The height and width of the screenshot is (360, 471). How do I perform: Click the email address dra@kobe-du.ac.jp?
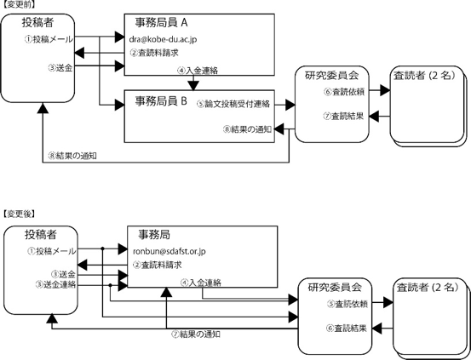(x=164, y=39)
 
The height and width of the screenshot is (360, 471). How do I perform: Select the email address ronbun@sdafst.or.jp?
(x=169, y=251)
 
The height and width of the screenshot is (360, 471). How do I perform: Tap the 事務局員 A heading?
(x=161, y=23)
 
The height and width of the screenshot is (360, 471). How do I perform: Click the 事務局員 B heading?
(x=161, y=101)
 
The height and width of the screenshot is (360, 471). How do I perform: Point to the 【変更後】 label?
(x=19, y=214)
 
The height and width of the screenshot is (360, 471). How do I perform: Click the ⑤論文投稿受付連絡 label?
(x=233, y=104)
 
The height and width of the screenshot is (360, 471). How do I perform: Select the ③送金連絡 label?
(x=55, y=284)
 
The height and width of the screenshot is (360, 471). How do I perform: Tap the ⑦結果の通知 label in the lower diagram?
(x=196, y=334)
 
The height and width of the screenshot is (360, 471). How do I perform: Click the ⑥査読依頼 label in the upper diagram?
(x=344, y=92)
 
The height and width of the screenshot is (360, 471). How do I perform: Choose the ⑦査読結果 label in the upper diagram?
(x=343, y=116)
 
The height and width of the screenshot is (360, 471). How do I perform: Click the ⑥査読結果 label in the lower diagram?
(x=347, y=329)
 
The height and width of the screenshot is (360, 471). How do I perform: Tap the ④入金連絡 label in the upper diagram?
(x=198, y=71)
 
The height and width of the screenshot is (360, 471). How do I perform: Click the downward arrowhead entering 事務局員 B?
(x=193, y=86)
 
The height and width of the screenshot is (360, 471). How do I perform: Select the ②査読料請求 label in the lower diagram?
(x=158, y=266)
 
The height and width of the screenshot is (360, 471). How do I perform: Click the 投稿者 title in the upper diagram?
(x=37, y=22)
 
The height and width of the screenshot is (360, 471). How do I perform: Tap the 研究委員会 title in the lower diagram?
(x=335, y=287)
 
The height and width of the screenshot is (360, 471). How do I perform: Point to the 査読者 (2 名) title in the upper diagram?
(x=424, y=76)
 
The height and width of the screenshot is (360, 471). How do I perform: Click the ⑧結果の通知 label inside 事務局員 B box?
(x=247, y=129)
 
